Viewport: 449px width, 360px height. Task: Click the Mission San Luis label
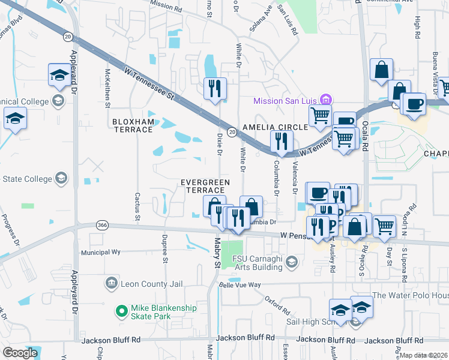[x=285, y=100]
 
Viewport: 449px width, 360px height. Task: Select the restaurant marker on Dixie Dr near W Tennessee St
[x=214, y=89]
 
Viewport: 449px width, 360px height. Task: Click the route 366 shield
[x=101, y=225]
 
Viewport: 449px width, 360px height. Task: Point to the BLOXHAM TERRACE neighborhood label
[x=133, y=125]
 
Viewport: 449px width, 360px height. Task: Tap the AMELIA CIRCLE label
[x=275, y=128]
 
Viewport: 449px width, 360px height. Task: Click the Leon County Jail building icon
[x=111, y=283]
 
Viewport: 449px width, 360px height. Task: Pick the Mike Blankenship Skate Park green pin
[x=121, y=311]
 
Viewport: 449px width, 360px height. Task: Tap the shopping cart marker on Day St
[x=384, y=227]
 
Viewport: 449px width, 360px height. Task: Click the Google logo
[x=20, y=353]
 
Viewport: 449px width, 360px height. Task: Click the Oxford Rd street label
[x=278, y=305]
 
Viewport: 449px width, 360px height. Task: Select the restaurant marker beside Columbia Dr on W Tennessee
[x=281, y=142]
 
